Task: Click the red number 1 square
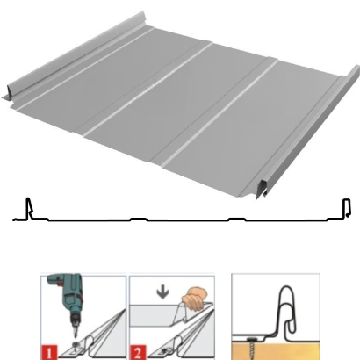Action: coord(50,352)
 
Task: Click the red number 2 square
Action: coord(138,353)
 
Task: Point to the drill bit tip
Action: coord(76,337)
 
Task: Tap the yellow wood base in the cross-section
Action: coord(276,351)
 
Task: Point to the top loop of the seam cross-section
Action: coord(286,292)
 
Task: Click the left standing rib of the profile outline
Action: coord(29,208)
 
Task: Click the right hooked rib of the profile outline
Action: coord(346,208)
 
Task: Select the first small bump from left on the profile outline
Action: coord(138,219)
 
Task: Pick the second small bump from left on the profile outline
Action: coord(237,219)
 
